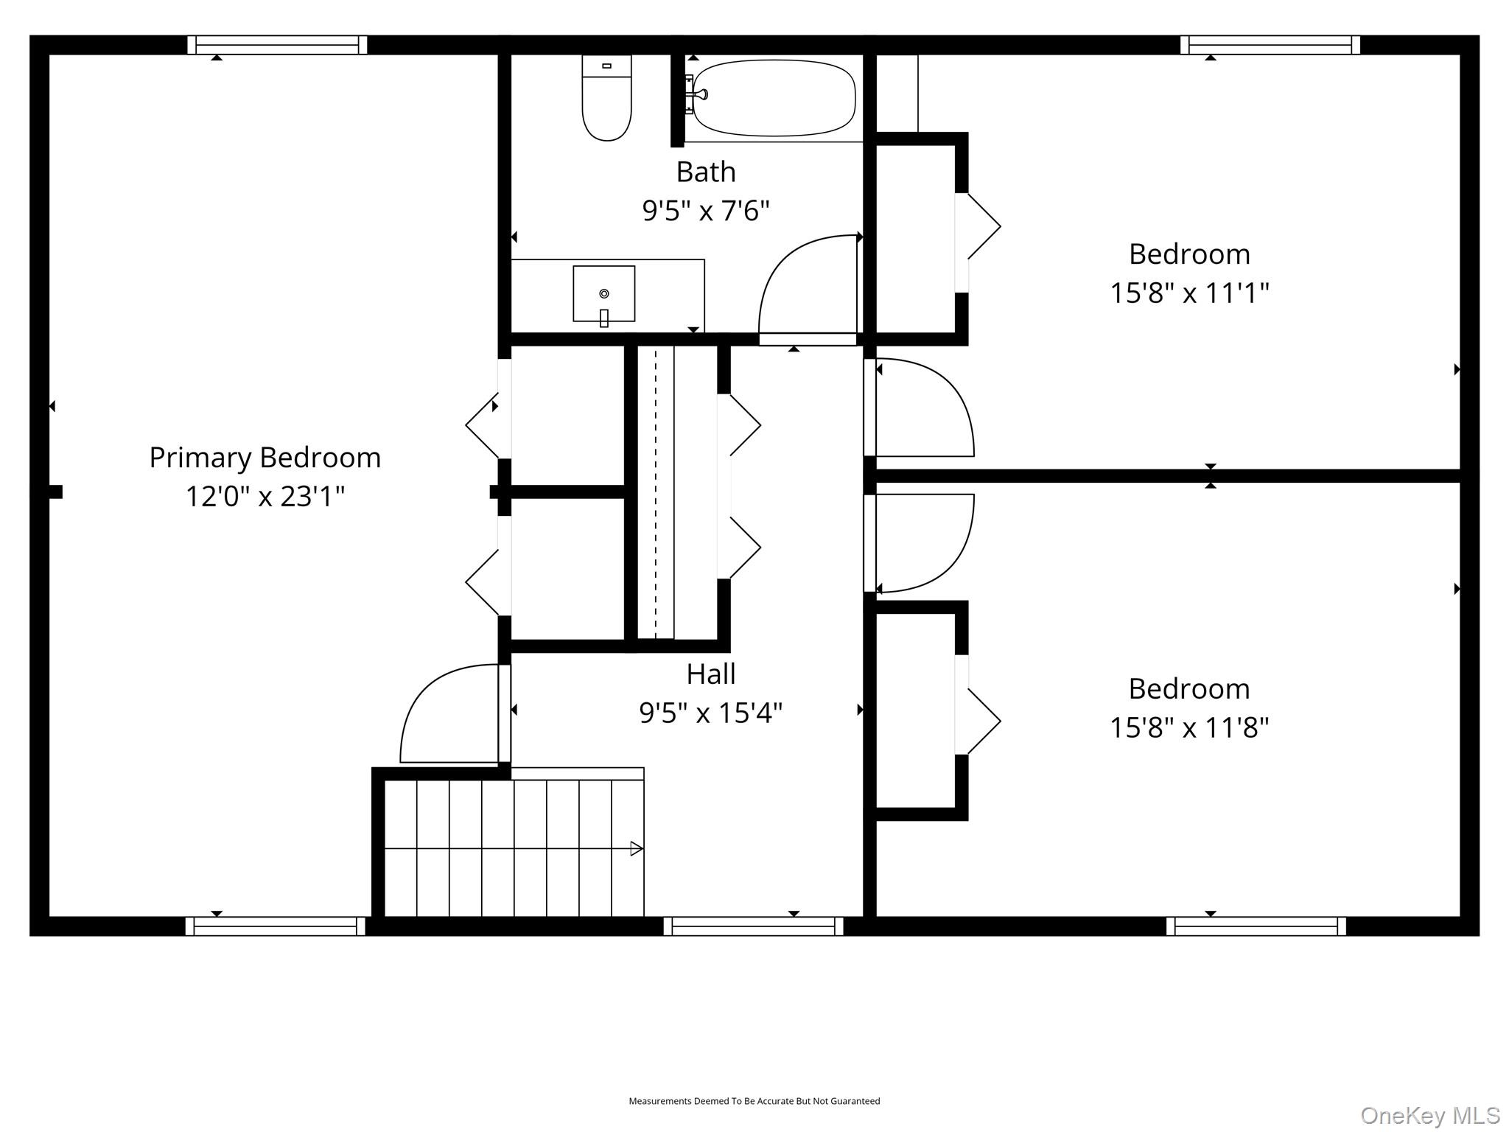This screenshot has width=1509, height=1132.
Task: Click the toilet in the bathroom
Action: click(x=606, y=99)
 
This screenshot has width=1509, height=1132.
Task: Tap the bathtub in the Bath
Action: click(x=774, y=98)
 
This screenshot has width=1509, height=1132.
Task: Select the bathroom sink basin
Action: click(x=603, y=293)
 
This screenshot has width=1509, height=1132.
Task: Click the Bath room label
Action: click(x=706, y=172)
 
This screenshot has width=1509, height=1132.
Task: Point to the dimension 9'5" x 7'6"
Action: click(x=706, y=211)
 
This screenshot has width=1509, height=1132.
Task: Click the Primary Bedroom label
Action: click(x=265, y=458)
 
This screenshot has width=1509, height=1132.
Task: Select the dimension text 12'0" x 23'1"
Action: click(x=265, y=496)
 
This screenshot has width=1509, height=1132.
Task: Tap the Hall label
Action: click(x=711, y=674)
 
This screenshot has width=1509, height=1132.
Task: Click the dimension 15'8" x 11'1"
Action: click(x=1189, y=293)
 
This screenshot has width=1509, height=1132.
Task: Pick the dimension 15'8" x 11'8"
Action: click(x=1189, y=727)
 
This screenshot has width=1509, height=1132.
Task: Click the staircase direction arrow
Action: click(x=636, y=848)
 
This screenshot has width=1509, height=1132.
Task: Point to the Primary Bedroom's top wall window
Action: click(x=277, y=45)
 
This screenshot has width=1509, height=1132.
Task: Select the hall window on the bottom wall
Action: click(x=753, y=926)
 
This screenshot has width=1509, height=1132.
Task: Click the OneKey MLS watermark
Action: click(x=1429, y=1115)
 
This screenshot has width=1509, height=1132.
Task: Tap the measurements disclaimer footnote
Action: click(x=754, y=1101)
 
